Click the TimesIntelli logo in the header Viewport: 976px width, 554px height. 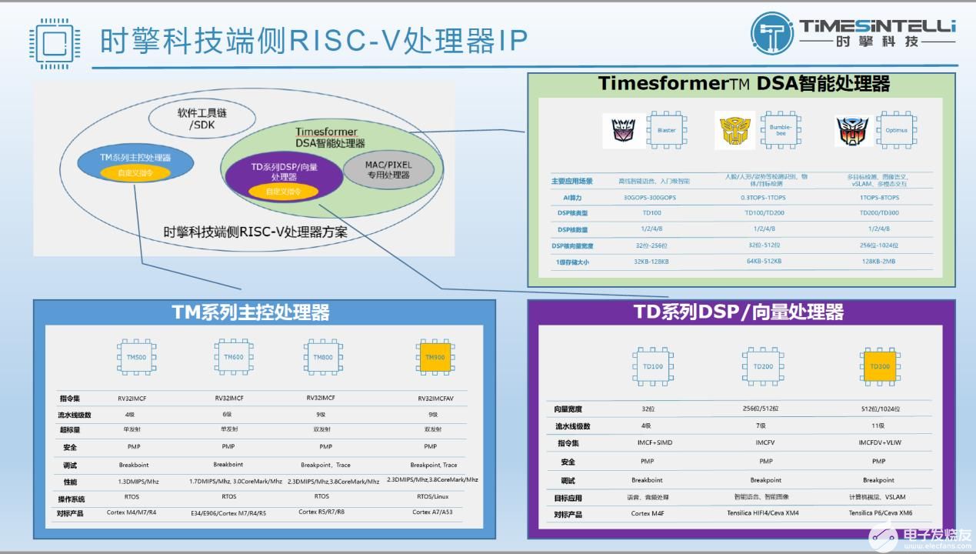coord(852,33)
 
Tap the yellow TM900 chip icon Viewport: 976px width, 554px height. coord(435,357)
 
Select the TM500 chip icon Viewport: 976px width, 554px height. coord(136,357)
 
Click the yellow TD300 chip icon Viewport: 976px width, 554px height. coord(879,366)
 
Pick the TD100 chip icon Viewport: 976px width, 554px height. coord(652,366)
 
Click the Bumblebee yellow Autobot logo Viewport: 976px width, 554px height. coord(734,130)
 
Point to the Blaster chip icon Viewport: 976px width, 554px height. coord(666,130)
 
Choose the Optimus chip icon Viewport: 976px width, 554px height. coord(896,130)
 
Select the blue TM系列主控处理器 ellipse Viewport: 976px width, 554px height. coord(135,164)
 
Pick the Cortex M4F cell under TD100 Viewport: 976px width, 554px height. coord(647,513)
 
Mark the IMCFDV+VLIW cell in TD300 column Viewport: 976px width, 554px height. coord(878,442)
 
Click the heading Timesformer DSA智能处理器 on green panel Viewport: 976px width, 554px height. coord(743,84)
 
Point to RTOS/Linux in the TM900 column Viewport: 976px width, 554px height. coord(430,496)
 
